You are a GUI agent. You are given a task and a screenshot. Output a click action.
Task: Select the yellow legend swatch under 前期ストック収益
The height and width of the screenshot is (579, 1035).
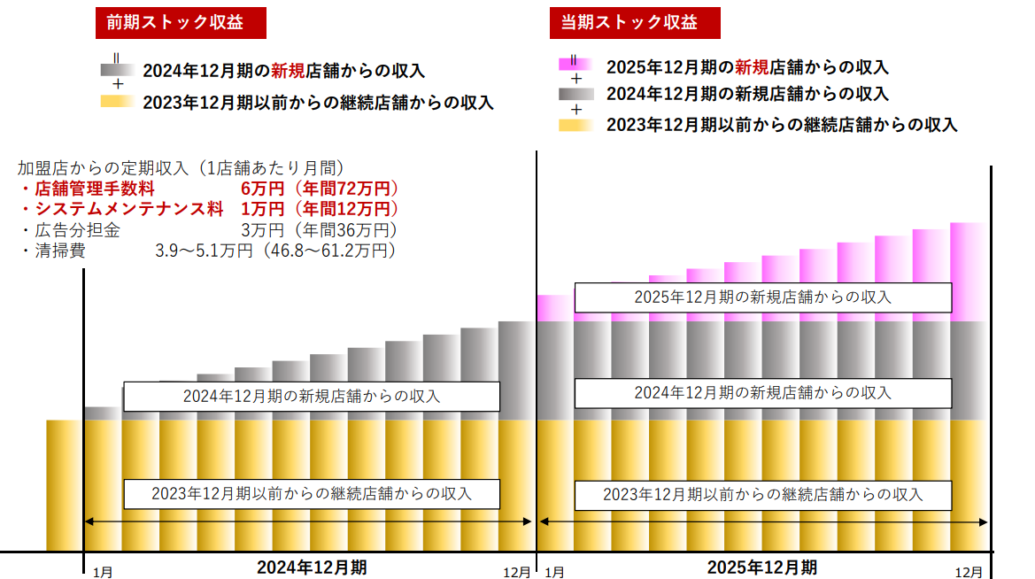[117, 102]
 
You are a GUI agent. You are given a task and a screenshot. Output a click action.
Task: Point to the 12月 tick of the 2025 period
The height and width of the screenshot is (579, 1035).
[969, 572]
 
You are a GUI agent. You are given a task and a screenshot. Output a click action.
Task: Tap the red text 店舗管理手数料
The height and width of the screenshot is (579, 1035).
[95, 189]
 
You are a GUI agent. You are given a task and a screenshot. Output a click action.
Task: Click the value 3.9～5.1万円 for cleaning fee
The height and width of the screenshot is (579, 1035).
[201, 251]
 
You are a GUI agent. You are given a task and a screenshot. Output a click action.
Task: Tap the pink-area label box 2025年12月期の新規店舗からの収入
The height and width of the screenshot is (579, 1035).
[762, 297]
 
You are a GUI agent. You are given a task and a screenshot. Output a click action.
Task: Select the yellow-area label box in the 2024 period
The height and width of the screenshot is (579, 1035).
[312, 493]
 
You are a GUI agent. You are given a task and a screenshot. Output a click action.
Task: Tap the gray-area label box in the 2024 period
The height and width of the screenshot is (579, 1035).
[312, 397]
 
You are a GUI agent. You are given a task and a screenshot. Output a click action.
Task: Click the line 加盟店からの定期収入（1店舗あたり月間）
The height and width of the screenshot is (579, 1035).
[181, 167]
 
